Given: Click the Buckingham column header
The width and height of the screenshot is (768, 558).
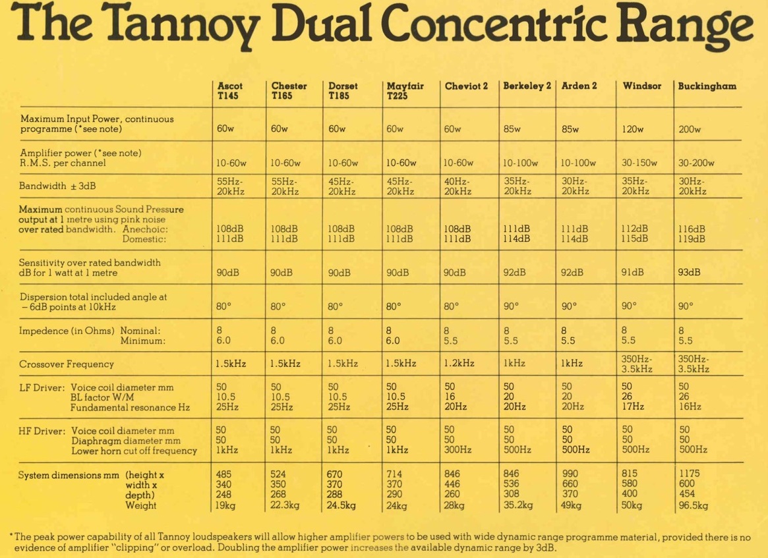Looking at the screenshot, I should pos(707,86).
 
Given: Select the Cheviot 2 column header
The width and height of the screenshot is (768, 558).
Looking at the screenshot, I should pos(466,86).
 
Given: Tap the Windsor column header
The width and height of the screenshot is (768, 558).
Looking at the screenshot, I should pos(641,86).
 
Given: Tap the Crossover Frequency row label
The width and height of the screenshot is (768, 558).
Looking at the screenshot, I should pos(67,364).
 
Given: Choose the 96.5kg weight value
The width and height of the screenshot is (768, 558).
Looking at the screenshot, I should pos(694,506).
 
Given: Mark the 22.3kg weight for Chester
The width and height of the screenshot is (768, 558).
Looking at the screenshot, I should pos(286,506).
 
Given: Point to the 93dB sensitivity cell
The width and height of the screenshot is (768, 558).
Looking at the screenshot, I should pos(689,272).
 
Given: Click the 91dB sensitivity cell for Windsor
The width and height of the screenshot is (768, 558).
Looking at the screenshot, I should pos(632,272).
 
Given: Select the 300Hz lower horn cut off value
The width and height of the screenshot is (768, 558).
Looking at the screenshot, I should pos(457,450).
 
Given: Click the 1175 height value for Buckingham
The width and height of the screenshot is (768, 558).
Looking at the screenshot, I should pos(689,473).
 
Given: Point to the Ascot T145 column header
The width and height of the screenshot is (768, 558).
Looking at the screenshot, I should pos(229,90).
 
